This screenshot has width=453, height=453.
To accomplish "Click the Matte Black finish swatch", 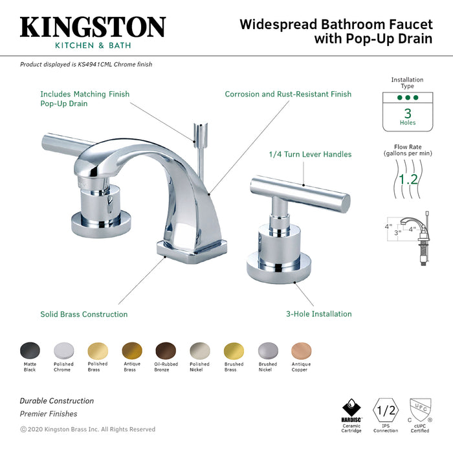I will point(30,351).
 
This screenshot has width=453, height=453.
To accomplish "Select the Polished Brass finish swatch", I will point(98,351).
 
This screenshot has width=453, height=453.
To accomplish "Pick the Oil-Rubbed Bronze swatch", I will point(166,351).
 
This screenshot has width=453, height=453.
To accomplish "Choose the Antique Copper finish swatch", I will point(301,351).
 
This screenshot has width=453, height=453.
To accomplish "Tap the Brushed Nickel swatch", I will point(267,351).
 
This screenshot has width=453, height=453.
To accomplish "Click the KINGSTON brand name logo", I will point(93,27).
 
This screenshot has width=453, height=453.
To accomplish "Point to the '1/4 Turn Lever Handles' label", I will point(310,155).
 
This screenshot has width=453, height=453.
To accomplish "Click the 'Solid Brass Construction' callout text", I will point(84,315).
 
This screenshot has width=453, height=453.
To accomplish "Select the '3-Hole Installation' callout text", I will point(319,314).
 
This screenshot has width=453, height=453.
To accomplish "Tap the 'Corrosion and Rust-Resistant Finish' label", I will point(288,94).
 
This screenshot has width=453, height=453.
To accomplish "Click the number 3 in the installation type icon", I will point(408,112).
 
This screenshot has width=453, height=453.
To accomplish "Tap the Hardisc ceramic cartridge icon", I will point(351,410).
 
